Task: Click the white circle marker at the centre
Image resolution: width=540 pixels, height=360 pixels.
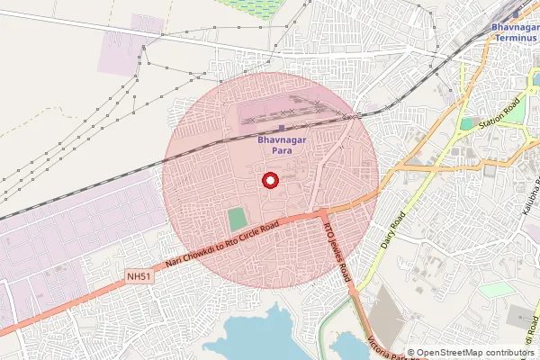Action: pyautogui.click(x=269, y=181)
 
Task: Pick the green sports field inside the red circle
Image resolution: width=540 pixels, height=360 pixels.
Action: pyautogui.click(x=237, y=219)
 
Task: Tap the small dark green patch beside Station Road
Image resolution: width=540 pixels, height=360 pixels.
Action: pyautogui.click(x=466, y=123)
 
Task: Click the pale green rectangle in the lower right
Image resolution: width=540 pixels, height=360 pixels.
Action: pyautogui.click(x=493, y=291)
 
